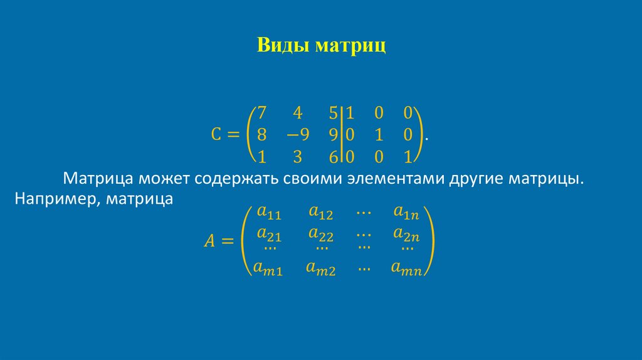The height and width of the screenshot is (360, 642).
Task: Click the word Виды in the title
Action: [x=283, y=46]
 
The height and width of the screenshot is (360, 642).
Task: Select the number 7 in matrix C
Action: [x=262, y=113]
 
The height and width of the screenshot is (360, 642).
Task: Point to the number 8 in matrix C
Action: [x=262, y=134]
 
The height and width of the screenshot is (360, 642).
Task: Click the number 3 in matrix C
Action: [x=298, y=156]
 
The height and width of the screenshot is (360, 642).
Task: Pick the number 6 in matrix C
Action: [x=333, y=156]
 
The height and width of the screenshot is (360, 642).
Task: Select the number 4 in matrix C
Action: [x=298, y=113]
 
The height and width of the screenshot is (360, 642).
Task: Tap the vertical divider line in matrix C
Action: [x=342, y=134]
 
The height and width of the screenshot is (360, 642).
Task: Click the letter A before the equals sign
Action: [x=210, y=240]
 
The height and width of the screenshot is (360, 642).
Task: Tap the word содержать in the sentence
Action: [x=235, y=179]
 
